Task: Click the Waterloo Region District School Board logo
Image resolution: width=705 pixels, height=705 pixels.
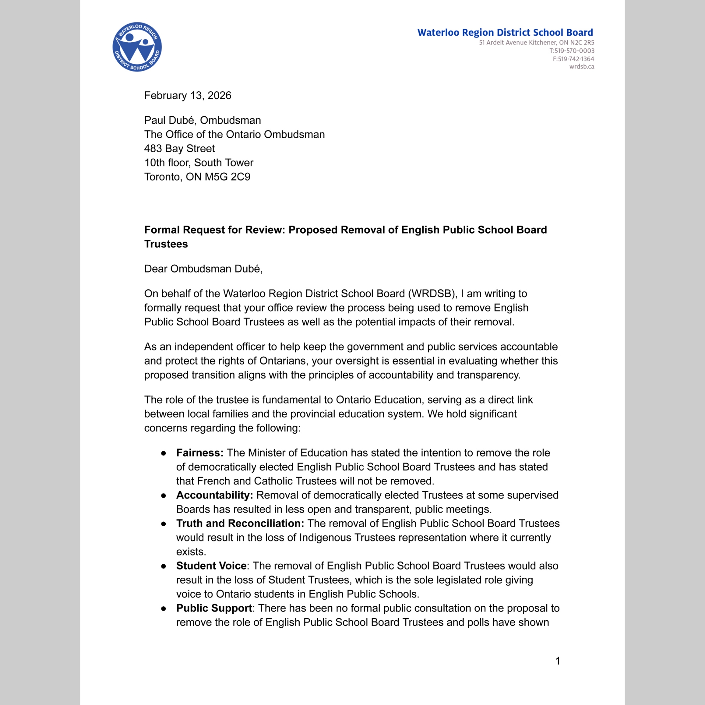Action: pyautogui.click(x=137, y=47)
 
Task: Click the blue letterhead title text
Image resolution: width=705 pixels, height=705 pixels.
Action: pyautogui.click(x=505, y=32)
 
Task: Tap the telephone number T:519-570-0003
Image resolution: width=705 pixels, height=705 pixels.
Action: pyautogui.click(x=572, y=51)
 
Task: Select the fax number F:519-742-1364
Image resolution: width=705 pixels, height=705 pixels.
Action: pyautogui.click(x=573, y=59)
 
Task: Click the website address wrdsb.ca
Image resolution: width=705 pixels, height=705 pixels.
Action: pyautogui.click(x=582, y=66)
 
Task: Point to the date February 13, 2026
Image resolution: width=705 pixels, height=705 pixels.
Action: pyautogui.click(x=188, y=96)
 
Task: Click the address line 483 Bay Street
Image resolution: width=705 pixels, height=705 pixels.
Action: pyautogui.click(x=179, y=148)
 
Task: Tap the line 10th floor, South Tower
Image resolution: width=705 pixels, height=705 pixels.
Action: pyautogui.click(x=198, y=163)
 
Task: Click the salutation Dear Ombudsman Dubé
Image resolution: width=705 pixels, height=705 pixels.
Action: pyautogui.click(x=203, y=269)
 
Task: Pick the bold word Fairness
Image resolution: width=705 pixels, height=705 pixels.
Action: pyautogui.click(x=200, y=453)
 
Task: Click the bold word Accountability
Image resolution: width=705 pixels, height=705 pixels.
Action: pyautogui.click(x=215, y=495)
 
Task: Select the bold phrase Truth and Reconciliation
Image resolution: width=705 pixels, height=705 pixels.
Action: pyautogui.click(x=240, y=524)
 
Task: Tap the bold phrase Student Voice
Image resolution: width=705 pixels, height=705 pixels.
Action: pyautogui.click(x=211, y=566)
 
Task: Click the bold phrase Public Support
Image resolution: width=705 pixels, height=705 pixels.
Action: pyautogui.click(x=214, y=608)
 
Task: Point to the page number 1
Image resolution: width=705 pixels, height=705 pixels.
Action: pyautogui.click(x=558, y=661)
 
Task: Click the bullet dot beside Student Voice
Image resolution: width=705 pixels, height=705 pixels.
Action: pyautogui.click(x=164, y=566)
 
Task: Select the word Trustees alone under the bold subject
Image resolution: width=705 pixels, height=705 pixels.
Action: pyautogui.click(x=166, y=244)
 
